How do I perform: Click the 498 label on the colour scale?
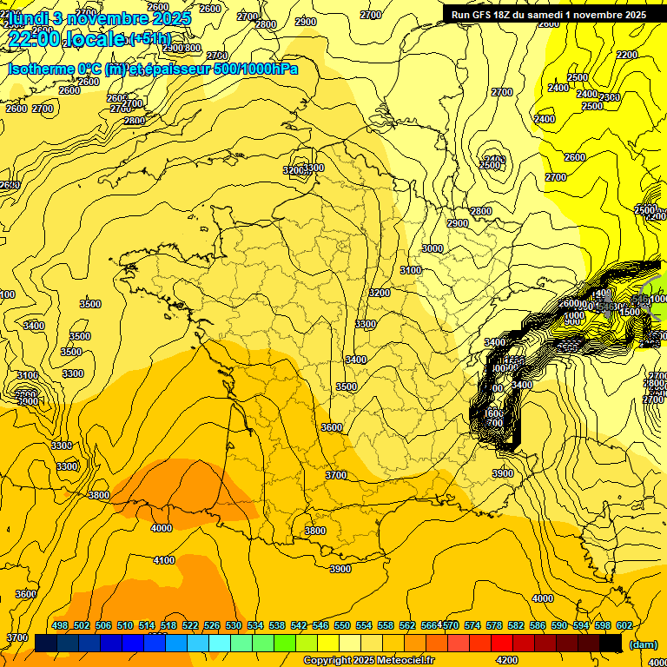pyautogui.click(x=60, y=625)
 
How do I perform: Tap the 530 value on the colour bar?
pyautogui.click(x=234, y=625)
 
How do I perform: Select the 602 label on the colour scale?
pyautogui.click(x=624, y=625)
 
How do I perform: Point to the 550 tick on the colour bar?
pyautogui.click(x=342, y=625)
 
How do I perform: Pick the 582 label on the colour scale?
pyautogui.click(x=516, y=625)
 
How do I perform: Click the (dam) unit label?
pyautogui.click(x=644, y=644)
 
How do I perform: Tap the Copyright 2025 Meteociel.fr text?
pyautogui.click(x=370, y=661)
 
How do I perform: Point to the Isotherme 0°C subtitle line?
pyautogui.click(x=153, y=69)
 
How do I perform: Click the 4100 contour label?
pyautogui.click(x=164, y=560)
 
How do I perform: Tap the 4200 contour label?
pyautogui.click(x=507, y=658)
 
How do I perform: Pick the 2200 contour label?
pyautogui.click(x=627, y=55)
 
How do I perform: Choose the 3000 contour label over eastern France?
pyautogui.click(x=432, y=248)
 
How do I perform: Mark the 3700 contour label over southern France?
pyautogui.click(x=336, y=475)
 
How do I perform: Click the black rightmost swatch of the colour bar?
pyautogui.click(x=611, y=644)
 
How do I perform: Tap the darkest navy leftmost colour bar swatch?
pyautogui.click(x=46, y=644)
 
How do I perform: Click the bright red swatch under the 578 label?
pyautogui.click(x=502, y=644)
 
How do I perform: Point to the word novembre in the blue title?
pyautogui.click(x=108, y=17)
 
